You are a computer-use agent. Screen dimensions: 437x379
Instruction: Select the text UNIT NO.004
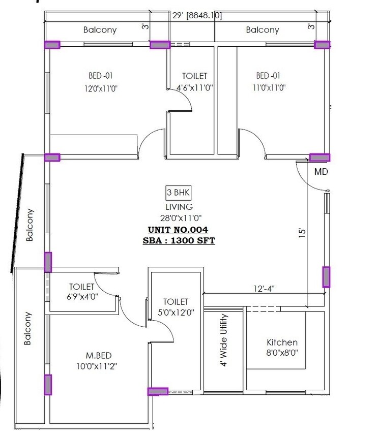coord(179,230)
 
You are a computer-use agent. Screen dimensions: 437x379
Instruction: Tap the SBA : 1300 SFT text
coord(179,240)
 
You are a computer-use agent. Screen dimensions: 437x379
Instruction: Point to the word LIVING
coord(179,207)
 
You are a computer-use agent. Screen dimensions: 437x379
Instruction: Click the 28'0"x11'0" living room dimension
coord(179,218)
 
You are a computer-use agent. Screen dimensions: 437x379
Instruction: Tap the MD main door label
coord(320,172)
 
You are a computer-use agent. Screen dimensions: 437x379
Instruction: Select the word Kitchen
coord(282,342)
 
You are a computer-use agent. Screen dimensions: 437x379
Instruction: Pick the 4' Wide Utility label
coord(224,340)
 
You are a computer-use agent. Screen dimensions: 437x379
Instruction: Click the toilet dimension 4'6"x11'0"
coord(194,87)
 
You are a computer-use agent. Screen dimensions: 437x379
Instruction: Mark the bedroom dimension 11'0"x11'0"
coord(269,87)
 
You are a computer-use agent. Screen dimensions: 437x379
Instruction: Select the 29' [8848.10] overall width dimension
coord(196,16)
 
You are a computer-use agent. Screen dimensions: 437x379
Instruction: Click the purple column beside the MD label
coord(319,158)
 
